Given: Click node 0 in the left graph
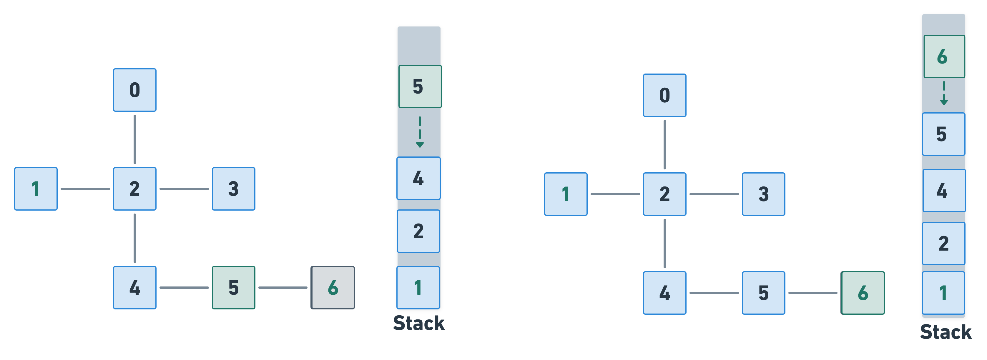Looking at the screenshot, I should pyautogui.click(x=134, y=90).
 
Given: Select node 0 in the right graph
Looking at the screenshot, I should pyautogui.click(x=664, y=95).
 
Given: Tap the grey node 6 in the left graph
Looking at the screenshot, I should pyautogui.click(x=333, y=288).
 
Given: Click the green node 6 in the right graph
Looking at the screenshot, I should pyautogui.click(x=863, y=293).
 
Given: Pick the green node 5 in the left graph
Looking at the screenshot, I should pyautogui.click(x=233, y=288).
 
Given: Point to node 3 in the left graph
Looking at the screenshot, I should pyautogui.click(x=233, y=189).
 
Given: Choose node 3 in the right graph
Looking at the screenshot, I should pyautogui.click(x=763, y=194).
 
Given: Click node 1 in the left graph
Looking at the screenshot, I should pyautogui.click(x=36, y=189).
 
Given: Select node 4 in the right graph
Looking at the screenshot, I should pyautogui.click(x=664, y=293).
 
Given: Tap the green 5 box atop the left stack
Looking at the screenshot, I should pyautogui.click(x=420, y=86).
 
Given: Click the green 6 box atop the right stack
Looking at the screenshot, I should pyautogui.click(x=944, y=56).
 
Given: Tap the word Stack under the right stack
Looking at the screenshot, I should pyautogui.click(x=946, y=332).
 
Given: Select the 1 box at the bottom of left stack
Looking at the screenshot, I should pyautogui.click(x=418, y=288).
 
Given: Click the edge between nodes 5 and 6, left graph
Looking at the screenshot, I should pyautogui.click(x=283, y=288).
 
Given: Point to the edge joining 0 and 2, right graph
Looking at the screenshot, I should pyautogui.click(x=664, y=145).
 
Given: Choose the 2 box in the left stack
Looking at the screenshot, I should pyautogui.click(x=418, y=231).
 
